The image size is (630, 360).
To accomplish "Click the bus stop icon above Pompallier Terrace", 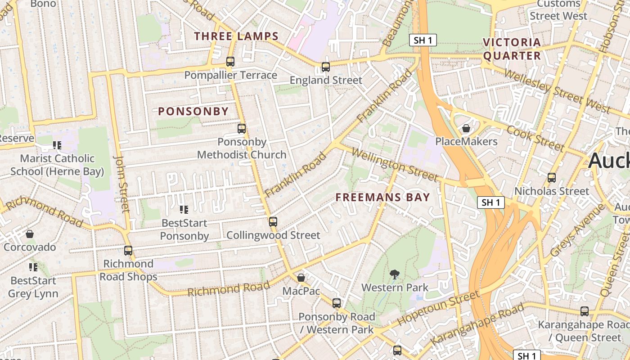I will [x=230, y=62].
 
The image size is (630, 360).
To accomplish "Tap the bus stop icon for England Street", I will [x=325, y=67].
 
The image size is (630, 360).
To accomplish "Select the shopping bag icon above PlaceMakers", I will [x=466, y=128].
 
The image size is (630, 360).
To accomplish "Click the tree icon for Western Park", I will [x=395, y=274].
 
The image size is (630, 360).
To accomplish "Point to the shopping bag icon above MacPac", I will [x=301, y=278].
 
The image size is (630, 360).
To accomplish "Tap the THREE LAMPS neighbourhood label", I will [x=236, y=36].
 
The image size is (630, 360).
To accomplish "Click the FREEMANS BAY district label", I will [x=383, y=197].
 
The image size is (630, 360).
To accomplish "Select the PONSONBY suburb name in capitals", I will [x=193, y=112].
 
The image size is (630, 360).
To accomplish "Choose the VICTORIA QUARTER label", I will [x=512, y=49].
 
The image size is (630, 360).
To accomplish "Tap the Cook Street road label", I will [x=535, y=138].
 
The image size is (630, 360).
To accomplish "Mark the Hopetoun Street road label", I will [x=438, y=309].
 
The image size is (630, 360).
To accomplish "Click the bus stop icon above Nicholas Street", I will [x=552, y=178].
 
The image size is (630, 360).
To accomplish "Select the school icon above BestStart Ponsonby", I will [x=184, y=209].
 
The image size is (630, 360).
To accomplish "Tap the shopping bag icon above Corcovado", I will [x=30, y=234].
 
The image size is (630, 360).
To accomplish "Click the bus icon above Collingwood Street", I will [x=273, y=221].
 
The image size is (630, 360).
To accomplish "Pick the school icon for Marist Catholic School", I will [x=57, y=145].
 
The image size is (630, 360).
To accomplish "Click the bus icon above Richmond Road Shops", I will [x=128, y=250].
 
